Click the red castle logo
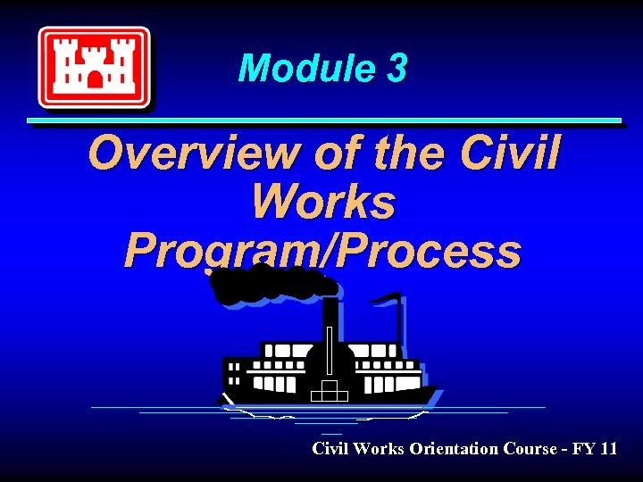[94, 67]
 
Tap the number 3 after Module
[397, 69]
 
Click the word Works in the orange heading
[322, 202]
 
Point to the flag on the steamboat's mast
[385, 298]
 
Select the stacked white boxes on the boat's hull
[330, 391]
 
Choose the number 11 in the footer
[608, 448]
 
